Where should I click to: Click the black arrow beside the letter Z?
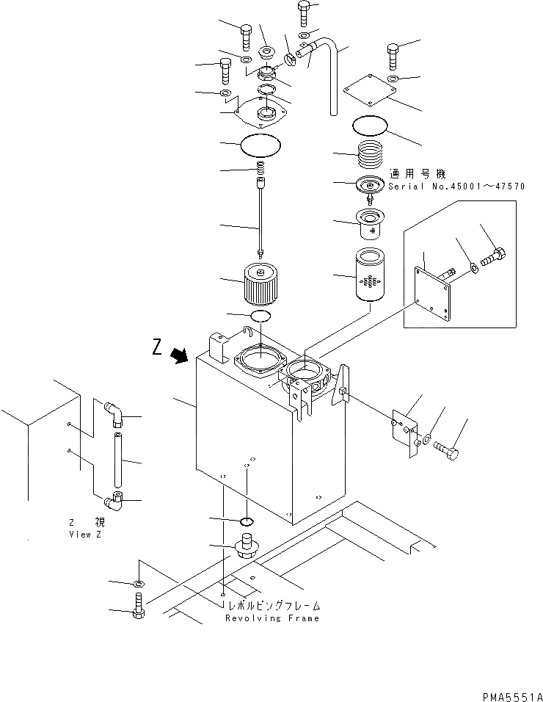tap(178, 356)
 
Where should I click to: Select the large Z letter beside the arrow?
tap(157, 349)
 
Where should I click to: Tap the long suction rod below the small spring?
tap(261, 213)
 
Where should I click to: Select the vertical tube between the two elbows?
tap(117, 459)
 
